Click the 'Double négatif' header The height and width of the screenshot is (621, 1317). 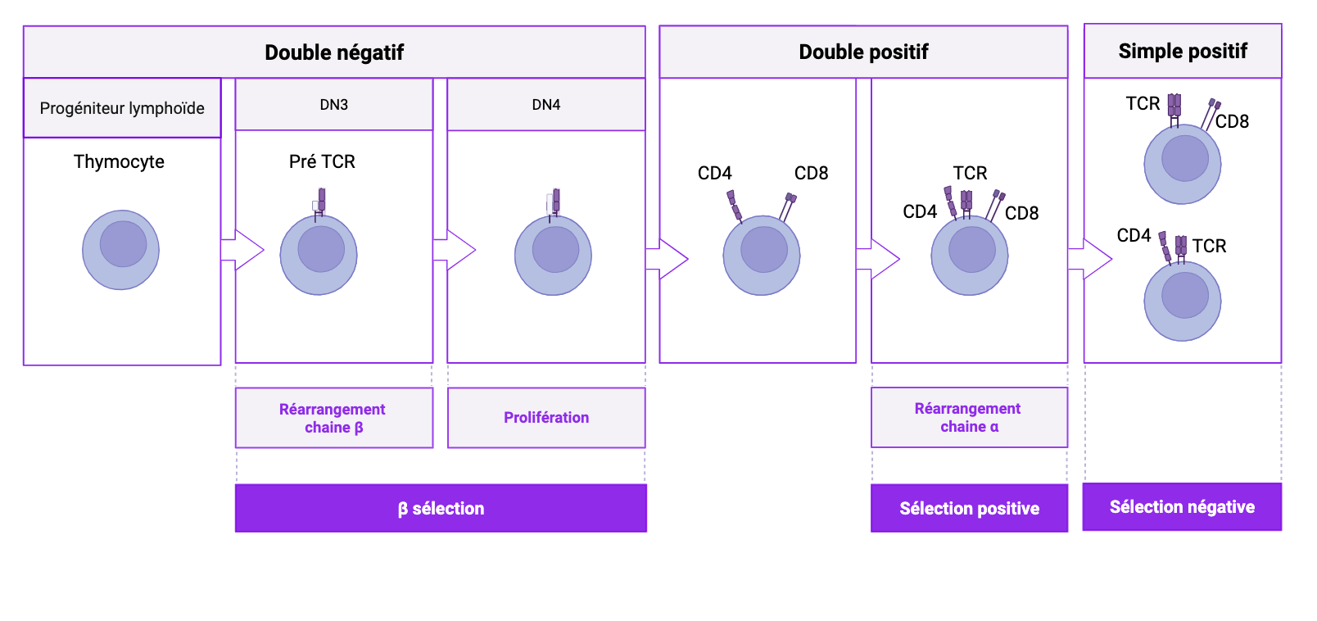coord(334,52)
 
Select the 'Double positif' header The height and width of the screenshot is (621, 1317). coord(863,52)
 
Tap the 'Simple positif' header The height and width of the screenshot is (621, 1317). coord(1183,51)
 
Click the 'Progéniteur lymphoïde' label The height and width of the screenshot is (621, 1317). coord(122,108)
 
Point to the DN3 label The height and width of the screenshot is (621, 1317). coord(334,105)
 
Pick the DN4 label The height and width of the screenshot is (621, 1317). coord(546,105)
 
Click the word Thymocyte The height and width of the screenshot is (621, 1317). coord(119,161)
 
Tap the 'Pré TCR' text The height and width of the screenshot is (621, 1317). coord(322,161)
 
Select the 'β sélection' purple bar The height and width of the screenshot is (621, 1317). coord(441,508)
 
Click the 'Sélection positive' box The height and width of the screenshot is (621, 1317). coord(969,508)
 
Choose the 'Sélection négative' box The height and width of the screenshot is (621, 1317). coord(1182,506)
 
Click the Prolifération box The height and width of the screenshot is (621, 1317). coord(546,417)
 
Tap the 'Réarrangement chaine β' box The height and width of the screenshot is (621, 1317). coord(333,418)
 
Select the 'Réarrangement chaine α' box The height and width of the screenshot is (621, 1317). coord(969,417)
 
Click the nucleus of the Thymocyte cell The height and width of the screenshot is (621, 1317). coord(123,243)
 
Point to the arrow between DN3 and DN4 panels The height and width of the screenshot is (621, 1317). coord(454,250)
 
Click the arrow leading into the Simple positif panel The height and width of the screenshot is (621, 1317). coord(1090,259)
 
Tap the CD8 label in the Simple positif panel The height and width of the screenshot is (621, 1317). coord(1232,121)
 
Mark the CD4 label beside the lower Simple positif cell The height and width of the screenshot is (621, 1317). coord(1134,235)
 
